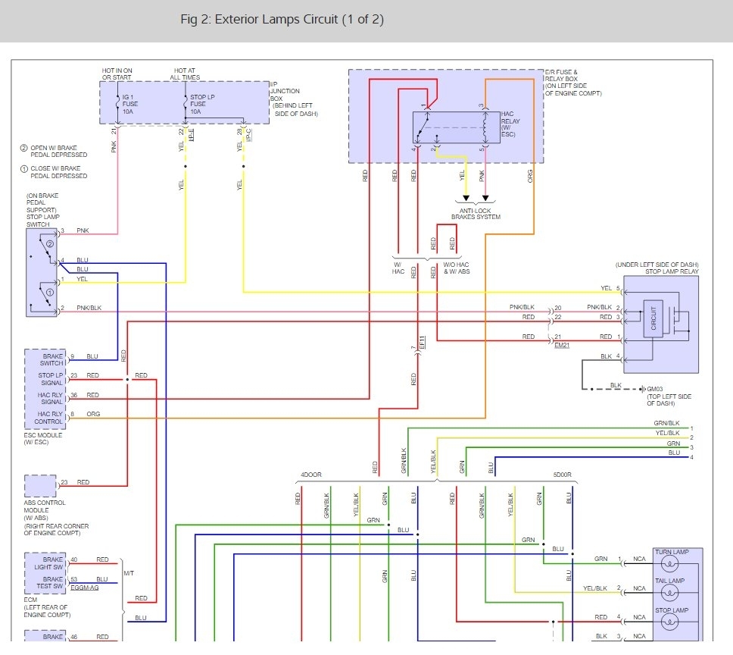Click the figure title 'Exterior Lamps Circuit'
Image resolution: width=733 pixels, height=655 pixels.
click(282, 20)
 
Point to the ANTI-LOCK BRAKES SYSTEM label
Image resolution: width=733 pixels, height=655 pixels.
click(476, 213)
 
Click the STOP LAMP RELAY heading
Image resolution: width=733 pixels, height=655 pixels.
click(672, 271)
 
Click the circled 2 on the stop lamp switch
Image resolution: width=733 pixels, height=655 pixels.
click(48, 244)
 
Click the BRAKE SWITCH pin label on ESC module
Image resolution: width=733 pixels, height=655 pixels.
click(52, 359)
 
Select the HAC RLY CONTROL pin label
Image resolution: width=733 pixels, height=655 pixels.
click(50, 418)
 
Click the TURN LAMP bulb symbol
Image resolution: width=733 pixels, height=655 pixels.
click(672, 564)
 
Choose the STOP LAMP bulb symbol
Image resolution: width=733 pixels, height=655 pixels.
click(672, 622)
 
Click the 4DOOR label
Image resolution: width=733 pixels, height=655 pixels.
click(311, 475)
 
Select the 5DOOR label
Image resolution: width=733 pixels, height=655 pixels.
click(562, 475)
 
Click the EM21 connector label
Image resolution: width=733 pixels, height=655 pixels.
click(561, 345)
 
